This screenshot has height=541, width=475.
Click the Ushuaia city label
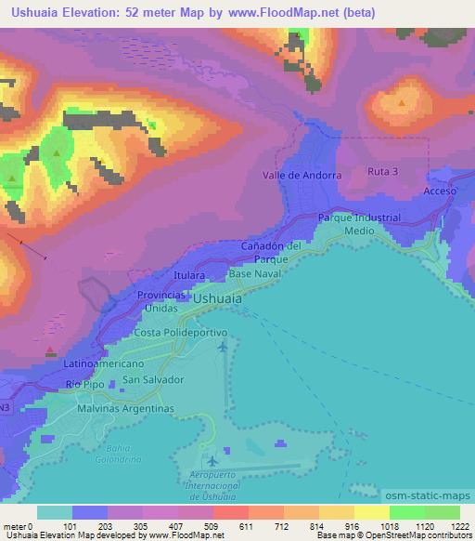tap(217, 299)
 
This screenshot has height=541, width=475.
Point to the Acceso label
tap(441, 190)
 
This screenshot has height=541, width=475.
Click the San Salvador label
tap(154, 380)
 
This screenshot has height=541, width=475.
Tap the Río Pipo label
tap(85, 383)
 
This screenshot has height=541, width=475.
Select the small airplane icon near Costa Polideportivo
tap(222, 348)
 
